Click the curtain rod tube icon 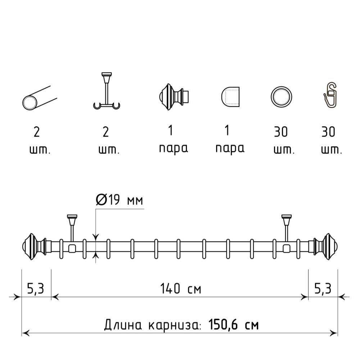pyautogui.click(x=40, y=98)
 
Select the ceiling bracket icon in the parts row pyautogui.click(x=106, y=91)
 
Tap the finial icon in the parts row pyautogui.click(x=174, y=97)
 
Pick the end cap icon pyautogui.click(x=230, y=97)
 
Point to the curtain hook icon pyautogui.click(x=331, y=95)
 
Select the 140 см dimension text pyautogui.click(x=181, y=288)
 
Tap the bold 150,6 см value pyautogui.click(x=233, y=325)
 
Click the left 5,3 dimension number pyautogui.click(x=36, y=288)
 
